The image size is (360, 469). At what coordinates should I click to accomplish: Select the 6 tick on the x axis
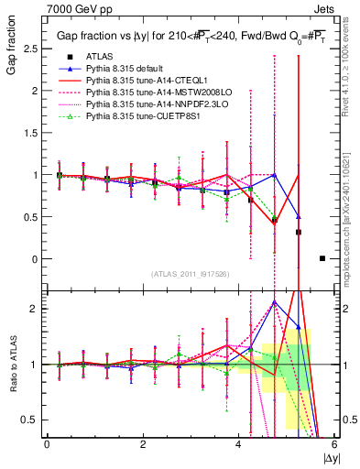coord(334,444)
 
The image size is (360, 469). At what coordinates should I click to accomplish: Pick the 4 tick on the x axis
coord(238,444)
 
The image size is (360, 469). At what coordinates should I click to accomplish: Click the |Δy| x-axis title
coord(330,457)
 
